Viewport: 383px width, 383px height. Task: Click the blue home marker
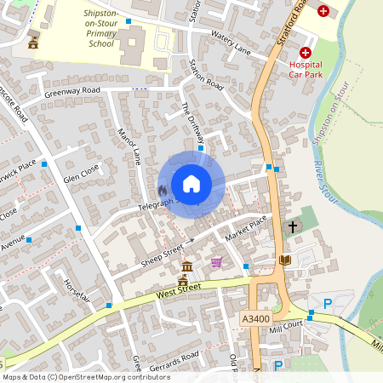pyautogui.click(x=191, y=184)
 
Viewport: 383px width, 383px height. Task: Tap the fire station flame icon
pyautogui.click(x=163, y=191)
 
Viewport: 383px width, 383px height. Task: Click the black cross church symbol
pyautogui.click(x=293, y=227)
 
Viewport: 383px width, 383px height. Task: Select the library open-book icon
pyautogui.click(x=285, y=260)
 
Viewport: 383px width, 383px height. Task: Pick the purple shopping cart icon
pyautogui.click(x=216, y=262)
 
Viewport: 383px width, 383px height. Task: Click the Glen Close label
pyautogui.click(x=81, y=174)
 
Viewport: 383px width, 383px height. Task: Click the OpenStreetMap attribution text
pyautogui.click(x=85, y=376)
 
